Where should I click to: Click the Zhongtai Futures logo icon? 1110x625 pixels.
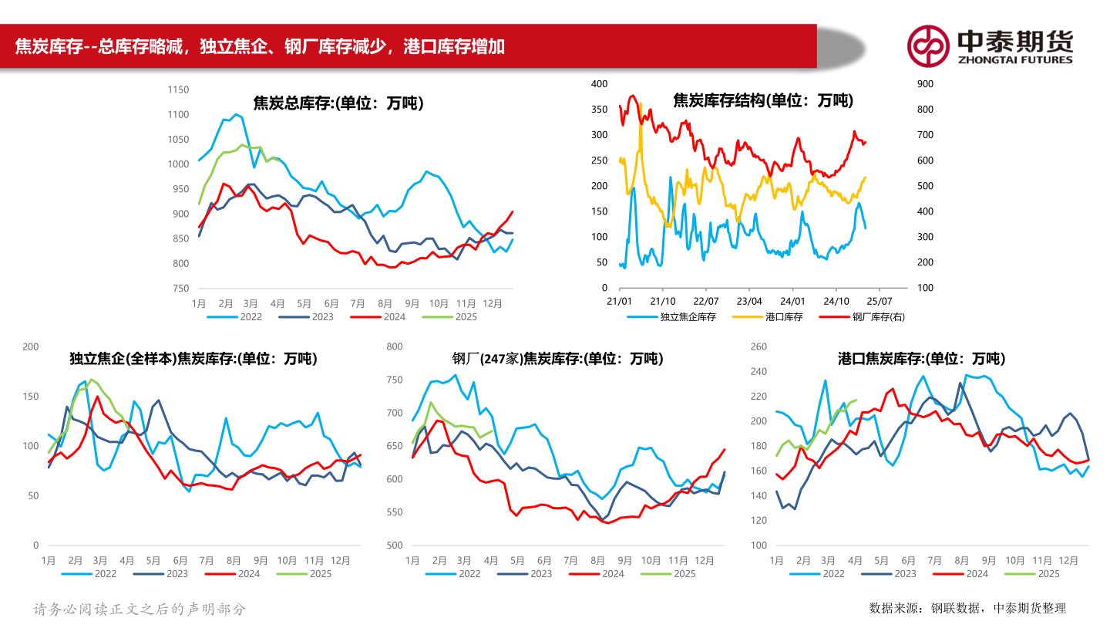point(927,46)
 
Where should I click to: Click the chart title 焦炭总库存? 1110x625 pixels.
point(338,103)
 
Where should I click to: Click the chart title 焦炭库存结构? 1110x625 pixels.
point(763,100)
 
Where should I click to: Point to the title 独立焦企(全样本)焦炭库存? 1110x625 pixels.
point(193,359)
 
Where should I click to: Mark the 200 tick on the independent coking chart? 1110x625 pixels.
point(31,346)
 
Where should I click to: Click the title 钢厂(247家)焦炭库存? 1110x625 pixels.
point(557,359)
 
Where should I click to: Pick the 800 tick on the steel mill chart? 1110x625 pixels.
point(394,346)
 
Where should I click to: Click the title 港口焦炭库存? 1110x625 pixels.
point(921,359)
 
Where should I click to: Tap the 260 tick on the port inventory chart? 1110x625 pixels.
point(758,346)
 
